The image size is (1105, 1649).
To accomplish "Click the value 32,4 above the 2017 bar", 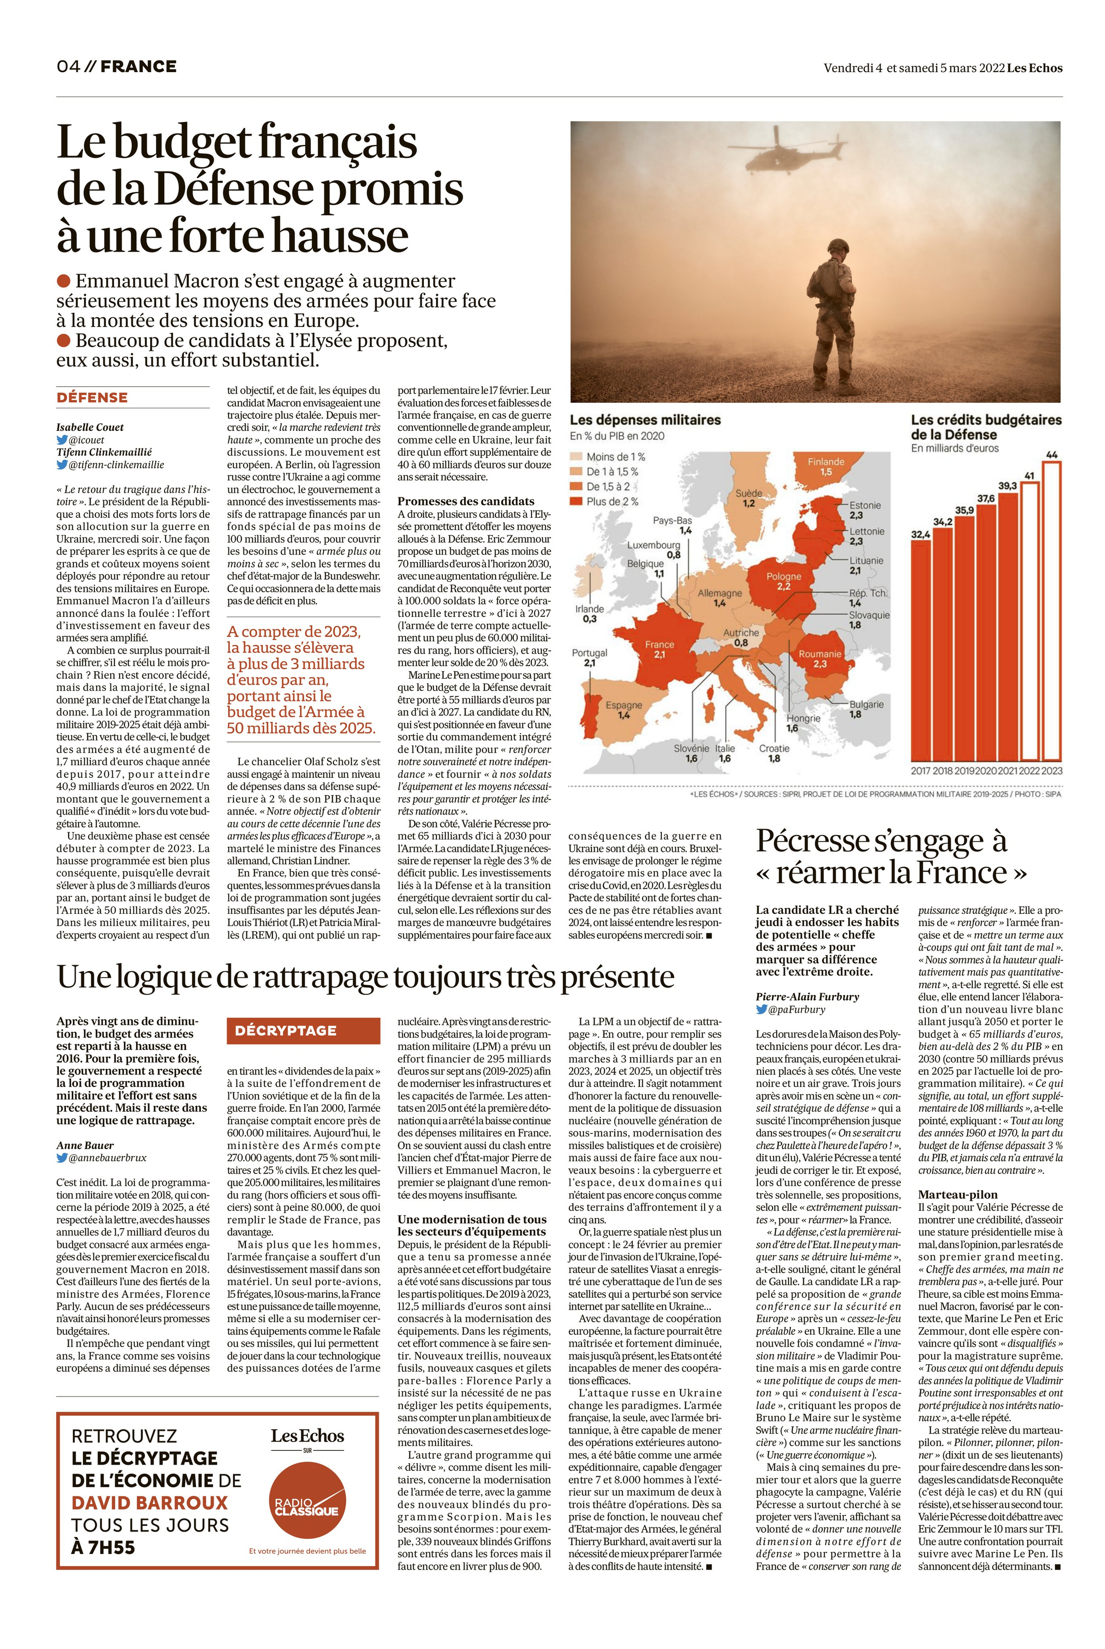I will coord(920,535).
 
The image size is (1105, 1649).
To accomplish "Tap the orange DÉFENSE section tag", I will coord(92,398).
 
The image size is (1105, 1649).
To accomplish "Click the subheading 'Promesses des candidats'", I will coord(466,501).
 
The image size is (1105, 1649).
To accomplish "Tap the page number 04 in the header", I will coord(68,67).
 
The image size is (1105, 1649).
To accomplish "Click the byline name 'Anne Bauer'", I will coord(85,1145).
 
